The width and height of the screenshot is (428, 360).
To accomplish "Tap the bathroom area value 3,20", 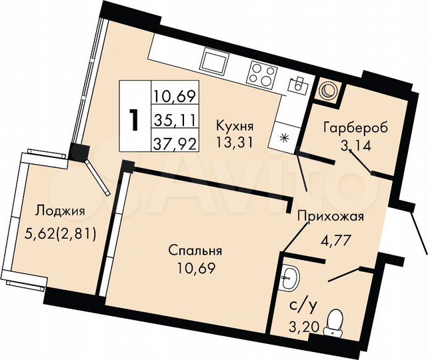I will tap(299, 326).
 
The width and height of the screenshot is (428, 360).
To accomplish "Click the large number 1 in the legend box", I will tap(134, 121).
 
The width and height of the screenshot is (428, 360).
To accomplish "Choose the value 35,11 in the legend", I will tap(175, 120).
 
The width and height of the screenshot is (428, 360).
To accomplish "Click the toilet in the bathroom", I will tap(338, 321).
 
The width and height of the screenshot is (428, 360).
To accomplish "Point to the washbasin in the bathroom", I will tap(288, 275).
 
